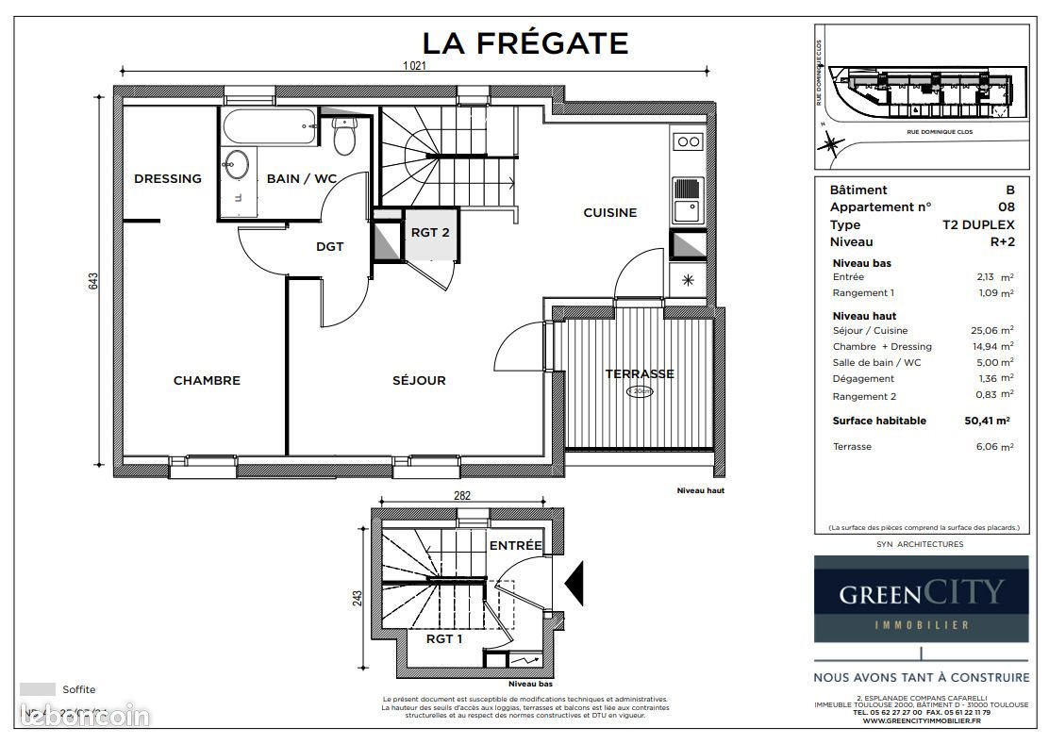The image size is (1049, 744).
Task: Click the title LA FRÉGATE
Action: pos(524,43)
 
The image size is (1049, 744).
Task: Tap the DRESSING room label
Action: pos(168,178)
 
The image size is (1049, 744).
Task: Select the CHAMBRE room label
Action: pos(207,380)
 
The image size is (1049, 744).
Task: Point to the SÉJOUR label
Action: pos(419,380)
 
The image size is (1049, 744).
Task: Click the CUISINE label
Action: pos(609,212)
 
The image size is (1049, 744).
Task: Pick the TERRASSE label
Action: pos(640,373)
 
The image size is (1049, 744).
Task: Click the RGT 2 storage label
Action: pos(430,231)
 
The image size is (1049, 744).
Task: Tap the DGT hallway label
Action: pos(329,247)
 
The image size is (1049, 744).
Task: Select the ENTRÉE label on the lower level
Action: pos(515,545)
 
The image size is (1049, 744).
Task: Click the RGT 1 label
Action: pos(443,639)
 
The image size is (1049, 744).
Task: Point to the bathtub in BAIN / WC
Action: pos(269,126)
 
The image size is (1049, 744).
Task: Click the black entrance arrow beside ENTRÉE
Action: pos(574,580)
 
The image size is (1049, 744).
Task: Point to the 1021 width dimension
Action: pos(416,66)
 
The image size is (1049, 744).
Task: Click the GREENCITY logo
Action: pos(921,599)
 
